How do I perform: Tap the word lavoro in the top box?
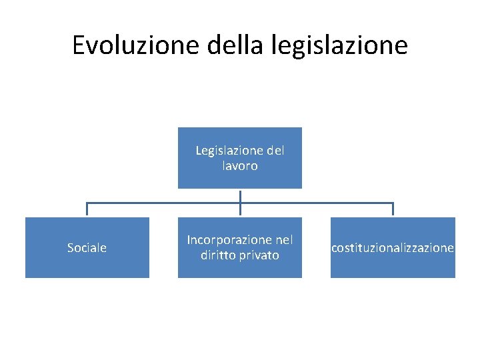click(239, 166)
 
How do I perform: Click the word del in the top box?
click(274, 151)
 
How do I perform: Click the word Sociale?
click(87, 248)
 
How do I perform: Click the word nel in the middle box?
click(284, 239)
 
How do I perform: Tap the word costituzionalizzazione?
click(393, 248)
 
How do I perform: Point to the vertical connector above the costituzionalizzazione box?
click(393, 209)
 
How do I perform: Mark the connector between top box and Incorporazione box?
click(240, 203)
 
